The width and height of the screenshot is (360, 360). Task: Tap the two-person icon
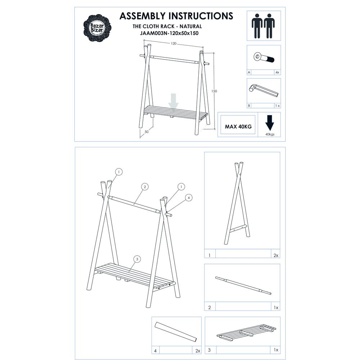264,26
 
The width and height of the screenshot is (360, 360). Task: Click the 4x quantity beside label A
276,72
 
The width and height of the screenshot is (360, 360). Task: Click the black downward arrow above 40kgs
269,123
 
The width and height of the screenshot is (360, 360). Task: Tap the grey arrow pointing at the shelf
174,101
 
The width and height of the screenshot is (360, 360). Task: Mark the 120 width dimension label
174,44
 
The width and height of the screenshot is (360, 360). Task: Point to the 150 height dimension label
214,91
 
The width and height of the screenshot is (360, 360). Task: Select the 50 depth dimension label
147,132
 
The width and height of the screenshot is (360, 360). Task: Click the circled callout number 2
144,186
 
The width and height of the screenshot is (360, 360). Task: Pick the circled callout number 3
136,258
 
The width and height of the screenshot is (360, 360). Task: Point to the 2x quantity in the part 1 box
276,255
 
